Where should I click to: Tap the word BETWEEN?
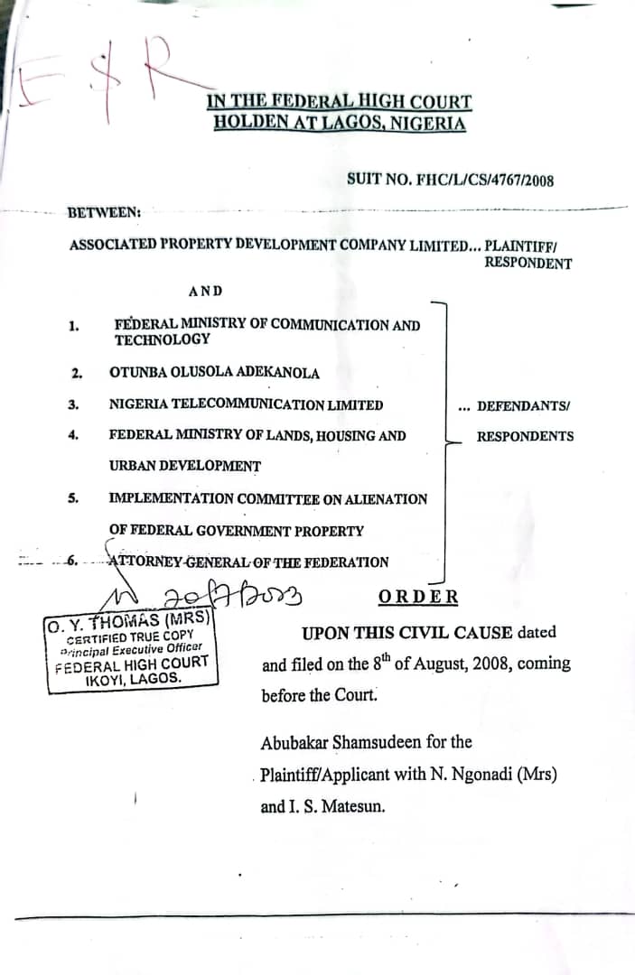[x=104, y=212]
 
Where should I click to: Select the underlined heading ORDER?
[x=418, y=597]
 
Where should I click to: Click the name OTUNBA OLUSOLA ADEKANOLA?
[x=214, y=372]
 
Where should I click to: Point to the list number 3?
[x=76, y=404]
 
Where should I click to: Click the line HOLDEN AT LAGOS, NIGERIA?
[x=340, y=123]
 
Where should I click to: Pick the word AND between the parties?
[x=206, y=291]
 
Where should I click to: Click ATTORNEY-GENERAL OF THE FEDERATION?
[x=248, y=562]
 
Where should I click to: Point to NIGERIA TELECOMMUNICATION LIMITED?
[x=246, y=404]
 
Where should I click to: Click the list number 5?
[x=76, y=497]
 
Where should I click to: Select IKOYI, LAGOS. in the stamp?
[x=132, y=678]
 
